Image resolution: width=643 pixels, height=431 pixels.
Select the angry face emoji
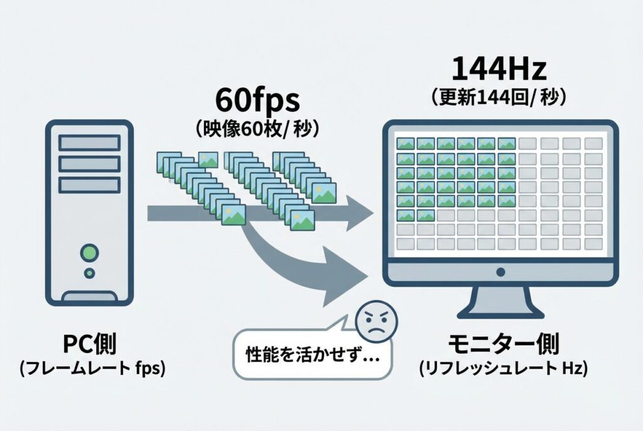(x=372, y=322)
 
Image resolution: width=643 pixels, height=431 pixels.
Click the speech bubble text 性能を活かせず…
(x=310, y=353)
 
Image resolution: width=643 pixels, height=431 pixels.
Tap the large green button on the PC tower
(x=90, y=253)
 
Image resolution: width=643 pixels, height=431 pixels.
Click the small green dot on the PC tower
(x=90, y=274)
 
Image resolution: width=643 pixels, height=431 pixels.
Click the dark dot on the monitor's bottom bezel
(x=500, y=272)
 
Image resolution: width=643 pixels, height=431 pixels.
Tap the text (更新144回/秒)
(x=500, y=98)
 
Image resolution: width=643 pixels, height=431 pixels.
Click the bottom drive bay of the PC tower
(x=89, y=185)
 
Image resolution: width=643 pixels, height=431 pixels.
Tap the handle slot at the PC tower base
(x=90, y=296)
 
